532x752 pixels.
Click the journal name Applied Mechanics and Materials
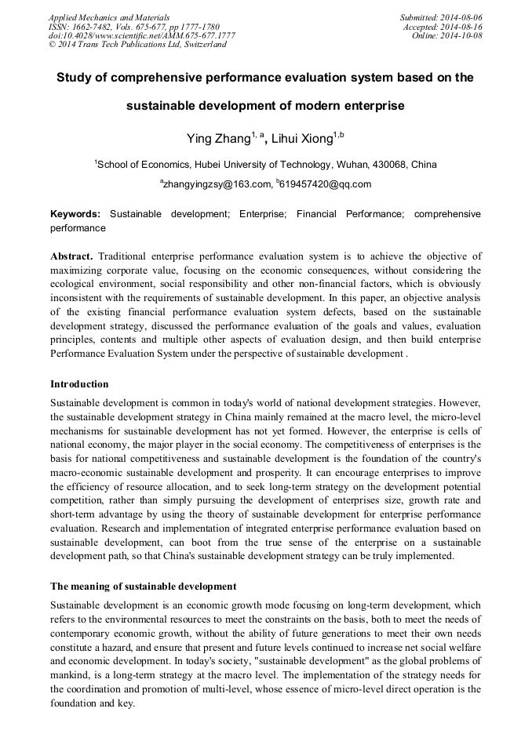pyautogui.click(x=108, y=16)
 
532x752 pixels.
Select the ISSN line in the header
pyautogui.click(x=133, y=26)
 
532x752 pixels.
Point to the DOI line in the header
pyautogui.click(x=141, y=35)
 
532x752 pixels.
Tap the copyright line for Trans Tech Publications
pyautogui.click(x=137, y=45)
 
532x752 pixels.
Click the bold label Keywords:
pyautogui.click(x=75, y=214)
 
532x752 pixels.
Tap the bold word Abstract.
pyautogui.click(x=72, y=256)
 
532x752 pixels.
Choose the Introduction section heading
pyautogui.click(x=79, y=384)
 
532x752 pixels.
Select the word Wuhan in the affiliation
pyautogui.click(x=354, y=165)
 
